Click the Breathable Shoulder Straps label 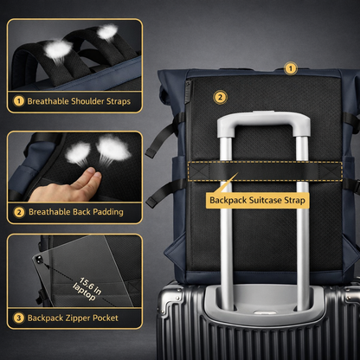tap(79, 101)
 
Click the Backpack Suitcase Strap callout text tap(258, 201)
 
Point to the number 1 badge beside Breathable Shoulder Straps tap(17, 101)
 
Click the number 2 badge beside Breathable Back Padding tap(17, 212)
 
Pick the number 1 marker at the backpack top tap(291, 67)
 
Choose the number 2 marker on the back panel tap(220, 97)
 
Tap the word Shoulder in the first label tap(84, 101)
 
